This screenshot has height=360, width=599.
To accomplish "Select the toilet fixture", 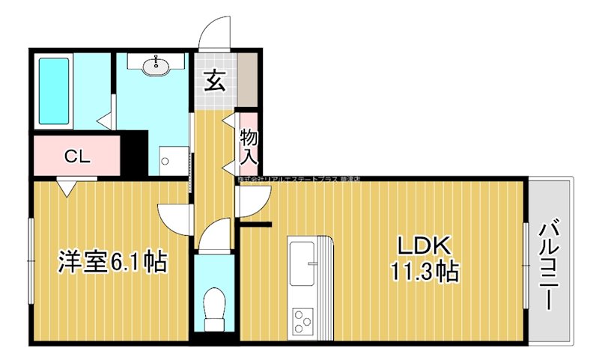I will [215, 308].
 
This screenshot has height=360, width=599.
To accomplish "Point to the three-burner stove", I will [303, 323].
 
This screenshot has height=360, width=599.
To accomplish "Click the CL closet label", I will [76, 156].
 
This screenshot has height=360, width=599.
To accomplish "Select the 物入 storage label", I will [249, 147].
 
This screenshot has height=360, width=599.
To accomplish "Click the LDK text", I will [422, 245].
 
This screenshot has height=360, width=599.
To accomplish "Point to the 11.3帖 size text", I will [422, 270].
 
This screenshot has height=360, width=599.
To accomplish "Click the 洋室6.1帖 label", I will [112, 262].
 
